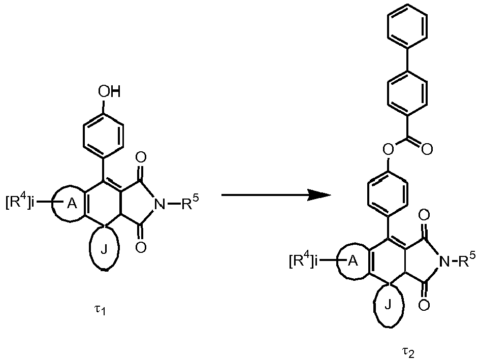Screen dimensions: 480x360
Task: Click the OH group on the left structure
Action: [x=109, y=91]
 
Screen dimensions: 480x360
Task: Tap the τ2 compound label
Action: [x=408, y=352]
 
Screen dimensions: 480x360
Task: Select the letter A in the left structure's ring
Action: [x=72, y=204]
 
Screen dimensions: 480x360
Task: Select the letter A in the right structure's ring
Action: [x=353, y=261]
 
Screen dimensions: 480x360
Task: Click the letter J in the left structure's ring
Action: [x=104, y=250]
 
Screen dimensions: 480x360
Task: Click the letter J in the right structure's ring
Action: [x=388, y=305]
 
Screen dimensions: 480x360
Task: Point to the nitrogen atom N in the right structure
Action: [x=444, y=261]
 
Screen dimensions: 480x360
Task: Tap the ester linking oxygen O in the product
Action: [x=389, y=149]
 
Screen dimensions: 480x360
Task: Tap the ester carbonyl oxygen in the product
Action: [x=427, y=149]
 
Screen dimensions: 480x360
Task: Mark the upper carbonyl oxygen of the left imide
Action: [x=141, y=158]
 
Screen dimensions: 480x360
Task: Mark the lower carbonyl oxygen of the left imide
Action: [x=141, y=247]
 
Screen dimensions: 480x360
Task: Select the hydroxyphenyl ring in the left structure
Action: [x=103, y=135]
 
